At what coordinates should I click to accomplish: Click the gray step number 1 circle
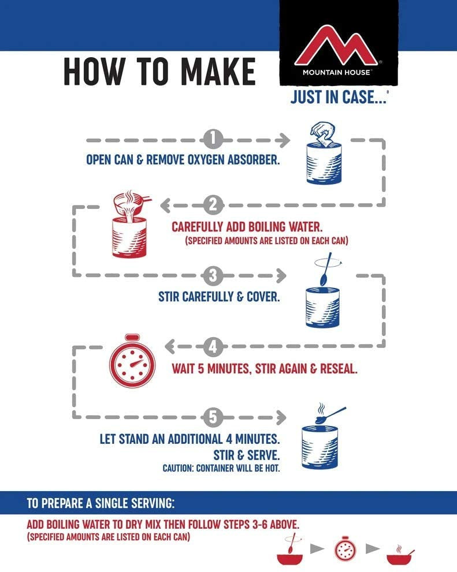[213, 140]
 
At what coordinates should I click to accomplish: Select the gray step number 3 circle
[213, 276]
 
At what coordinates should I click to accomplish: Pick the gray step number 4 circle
[213, 346]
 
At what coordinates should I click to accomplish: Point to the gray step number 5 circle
[213, 417]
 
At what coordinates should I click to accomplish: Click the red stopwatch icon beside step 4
[132, 361]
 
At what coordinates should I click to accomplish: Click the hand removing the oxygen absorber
[323, 132]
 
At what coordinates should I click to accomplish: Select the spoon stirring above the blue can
[326, 269]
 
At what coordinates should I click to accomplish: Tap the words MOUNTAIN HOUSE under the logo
[336, 72]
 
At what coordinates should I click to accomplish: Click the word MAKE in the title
[218, 72]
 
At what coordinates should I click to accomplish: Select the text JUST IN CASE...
[338, 97]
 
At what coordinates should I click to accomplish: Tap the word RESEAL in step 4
[338, 369]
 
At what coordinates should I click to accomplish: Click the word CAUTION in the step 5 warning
[178, 468]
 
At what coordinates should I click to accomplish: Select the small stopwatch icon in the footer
[345, 548]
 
